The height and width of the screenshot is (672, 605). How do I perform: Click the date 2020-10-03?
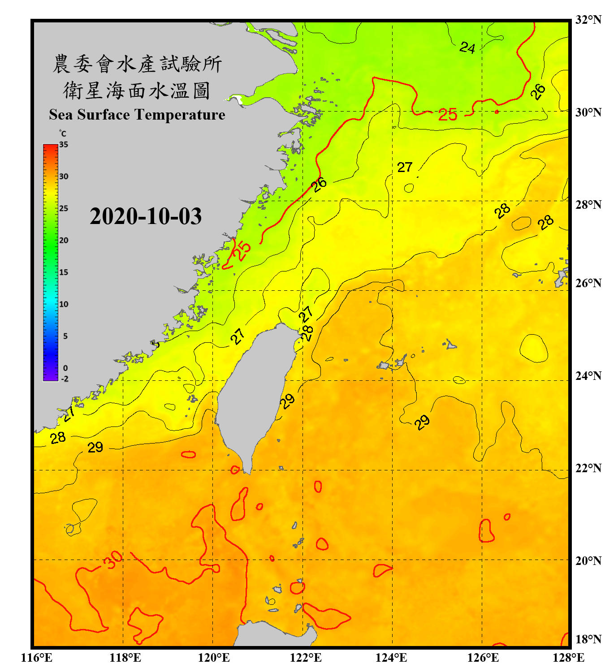(146, 216)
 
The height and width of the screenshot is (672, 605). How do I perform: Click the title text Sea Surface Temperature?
(137, 115)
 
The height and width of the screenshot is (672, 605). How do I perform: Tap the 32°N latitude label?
(588, 20)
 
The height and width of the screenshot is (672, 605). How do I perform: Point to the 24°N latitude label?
(588, 375)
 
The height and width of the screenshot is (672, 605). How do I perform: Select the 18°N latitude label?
(588, 639)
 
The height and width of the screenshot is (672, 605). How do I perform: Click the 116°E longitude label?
(36, 658)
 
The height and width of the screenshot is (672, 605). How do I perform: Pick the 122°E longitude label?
(306, 658)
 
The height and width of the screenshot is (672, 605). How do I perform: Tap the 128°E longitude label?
(568, 658)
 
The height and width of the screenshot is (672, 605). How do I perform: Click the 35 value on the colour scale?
(64, 145)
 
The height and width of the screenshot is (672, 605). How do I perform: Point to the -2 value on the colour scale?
(65, 379)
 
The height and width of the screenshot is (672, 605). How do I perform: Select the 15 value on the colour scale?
(64, 272)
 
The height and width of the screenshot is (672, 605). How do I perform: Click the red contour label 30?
(112, 560)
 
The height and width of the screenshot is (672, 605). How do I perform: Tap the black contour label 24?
(467, 47)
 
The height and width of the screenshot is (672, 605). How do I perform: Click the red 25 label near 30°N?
(447, 115)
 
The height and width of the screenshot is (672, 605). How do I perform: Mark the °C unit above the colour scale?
(62, 134)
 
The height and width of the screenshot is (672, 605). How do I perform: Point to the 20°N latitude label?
(588, 560)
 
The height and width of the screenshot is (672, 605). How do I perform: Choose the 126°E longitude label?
(483, 658)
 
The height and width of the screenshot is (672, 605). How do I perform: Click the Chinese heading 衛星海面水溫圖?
(137, 91)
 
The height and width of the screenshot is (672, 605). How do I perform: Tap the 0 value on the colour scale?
(65, 368)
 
